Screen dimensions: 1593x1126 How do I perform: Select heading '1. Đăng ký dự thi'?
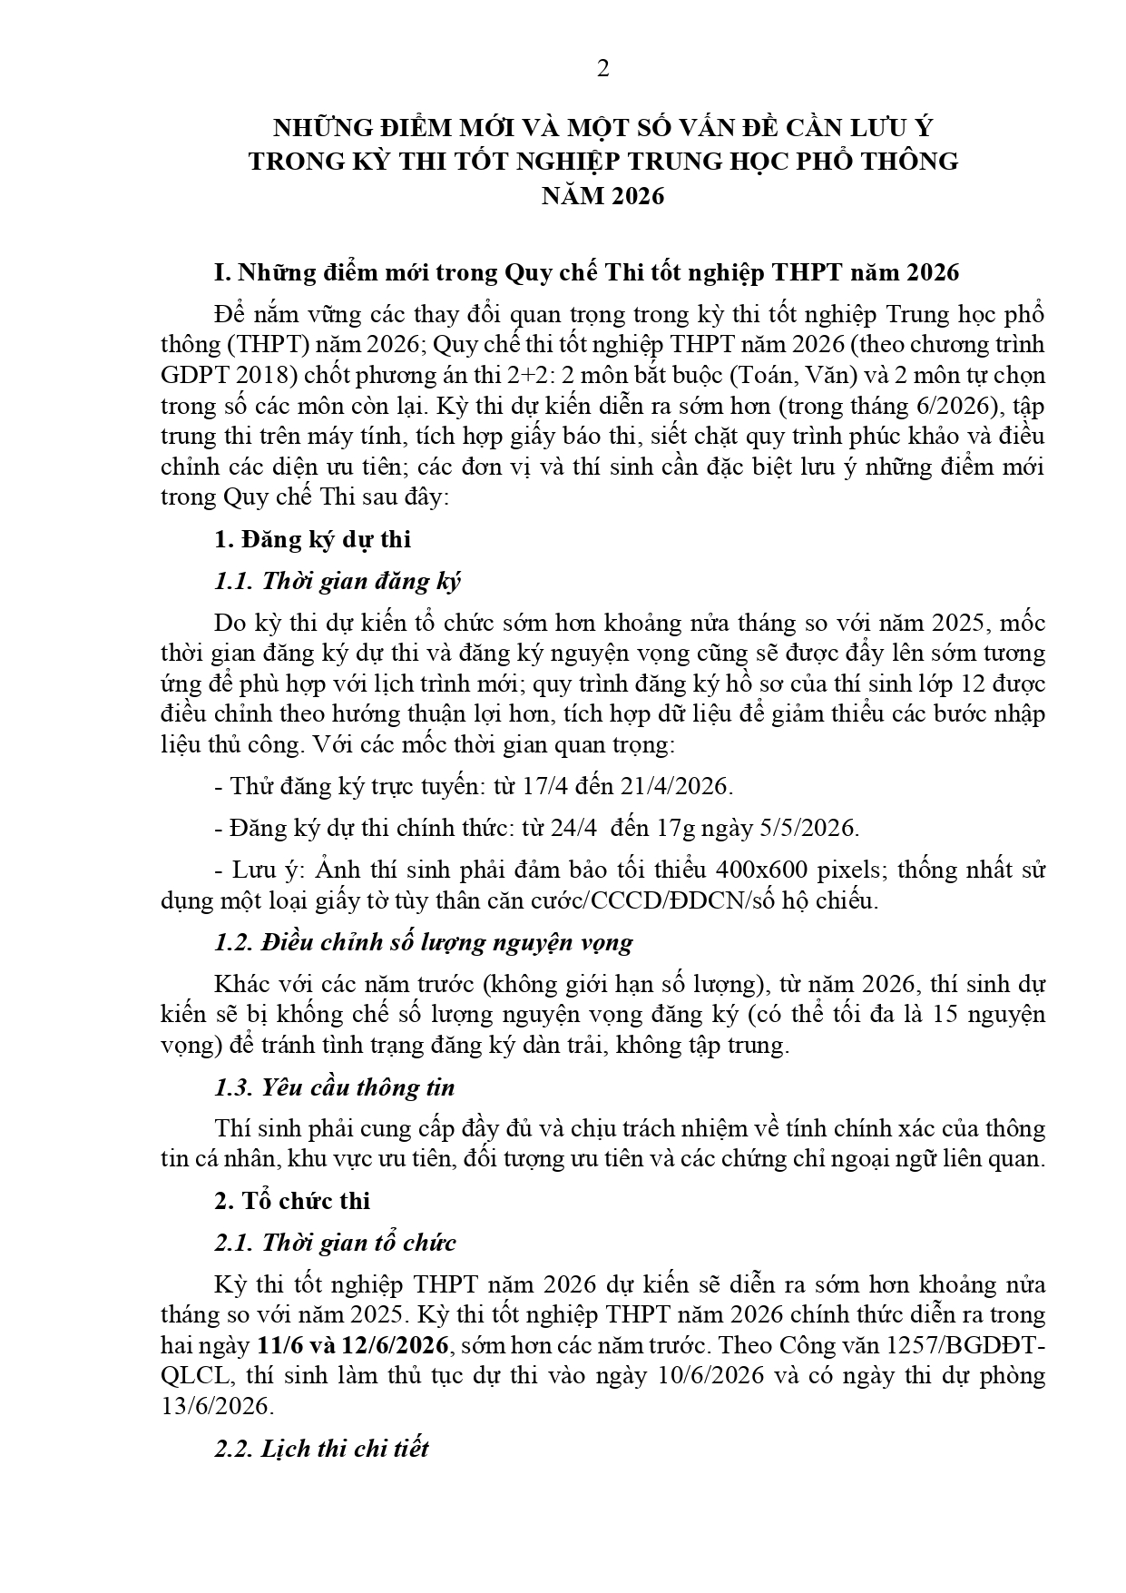tap(312, 539)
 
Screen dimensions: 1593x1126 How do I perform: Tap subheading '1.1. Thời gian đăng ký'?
tap(338, 581)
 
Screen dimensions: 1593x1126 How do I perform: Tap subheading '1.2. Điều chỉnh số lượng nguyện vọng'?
tap(424, 942)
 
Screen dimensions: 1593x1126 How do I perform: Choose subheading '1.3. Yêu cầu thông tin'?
tap(335, 1087)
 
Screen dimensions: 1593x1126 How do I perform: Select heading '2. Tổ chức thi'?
tap(292, 1201)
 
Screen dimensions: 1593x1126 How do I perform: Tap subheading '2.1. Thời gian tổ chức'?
tap(335, 1243)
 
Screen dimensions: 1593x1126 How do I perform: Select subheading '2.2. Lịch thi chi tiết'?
tap(321, 1448)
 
